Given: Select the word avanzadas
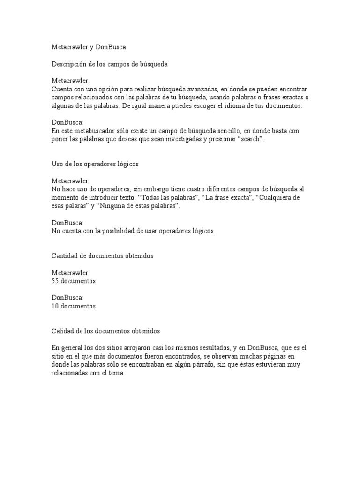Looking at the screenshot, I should pyautogui.click(x=195, y=89).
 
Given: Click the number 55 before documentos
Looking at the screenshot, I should pyautogui.click(x=55, y=281).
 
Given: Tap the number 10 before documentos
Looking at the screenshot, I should pyautogui.click(x=55, y=306).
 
